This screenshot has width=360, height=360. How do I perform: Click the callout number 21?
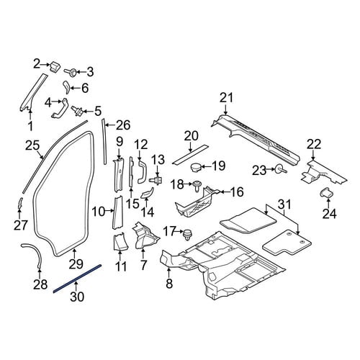[x=227, y=98]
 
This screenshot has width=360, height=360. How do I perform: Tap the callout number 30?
[x=77, y=297]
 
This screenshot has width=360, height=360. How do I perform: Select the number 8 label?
[x=169, y=284]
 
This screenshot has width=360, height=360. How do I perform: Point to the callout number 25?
[x=32, y=145]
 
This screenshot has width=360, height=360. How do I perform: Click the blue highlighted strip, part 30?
[x=77, y=279]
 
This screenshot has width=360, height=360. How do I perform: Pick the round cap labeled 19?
[x=196, y=167]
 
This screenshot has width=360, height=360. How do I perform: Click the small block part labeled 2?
[x=55, y=66]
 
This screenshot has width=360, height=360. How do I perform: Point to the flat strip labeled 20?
[x=190, y=154]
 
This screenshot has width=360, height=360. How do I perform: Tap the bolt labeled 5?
[x=77, y=111]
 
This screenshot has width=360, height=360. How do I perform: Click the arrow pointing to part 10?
[x=109, y=211]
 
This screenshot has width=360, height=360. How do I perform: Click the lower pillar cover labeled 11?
[x=120, y=242]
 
